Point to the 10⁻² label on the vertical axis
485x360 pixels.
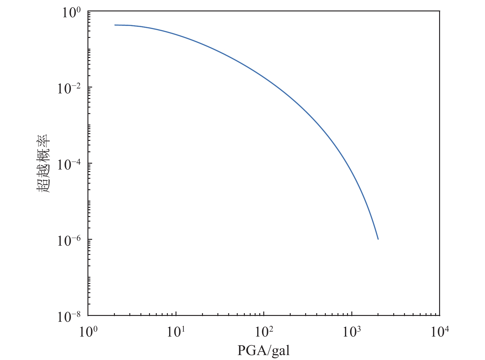click(70, 89)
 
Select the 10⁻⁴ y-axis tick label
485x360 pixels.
click(70, 166)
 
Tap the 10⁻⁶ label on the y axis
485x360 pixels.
click(70, 242)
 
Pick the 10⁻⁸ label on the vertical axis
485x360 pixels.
click(70, 317)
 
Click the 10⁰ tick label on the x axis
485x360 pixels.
click(88, 333)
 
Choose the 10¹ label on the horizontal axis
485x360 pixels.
click(176, 333)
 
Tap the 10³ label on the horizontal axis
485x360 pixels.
click(352, 333)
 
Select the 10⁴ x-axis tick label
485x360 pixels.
click(440, 333)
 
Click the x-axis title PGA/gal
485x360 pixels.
click(264, 350)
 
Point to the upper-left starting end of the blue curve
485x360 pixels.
click(115, 25)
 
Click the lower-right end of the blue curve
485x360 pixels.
click(378, 239)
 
